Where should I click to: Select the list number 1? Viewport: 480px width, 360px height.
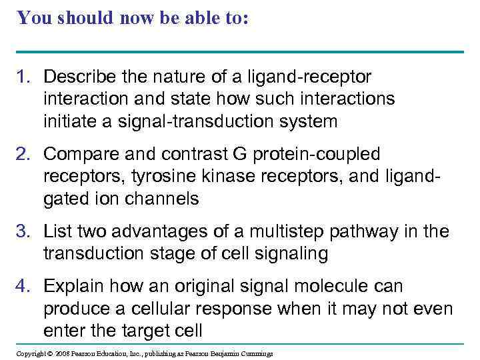click(23, 77)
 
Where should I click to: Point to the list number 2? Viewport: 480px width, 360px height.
click(23, 155)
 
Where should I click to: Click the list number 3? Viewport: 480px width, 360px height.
click(23, 232)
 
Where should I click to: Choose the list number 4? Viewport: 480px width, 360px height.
click(23, 287)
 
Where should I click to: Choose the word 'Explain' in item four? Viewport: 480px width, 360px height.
click(73, 287)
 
